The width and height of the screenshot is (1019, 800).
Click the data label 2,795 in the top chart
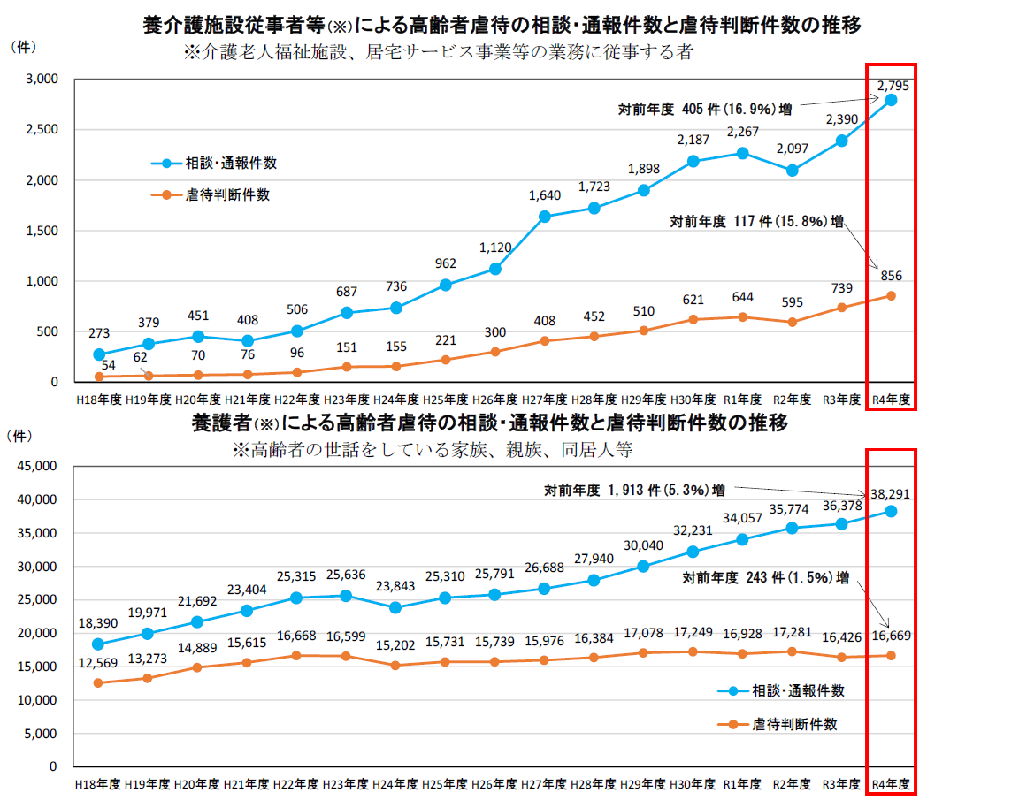pos(893,86)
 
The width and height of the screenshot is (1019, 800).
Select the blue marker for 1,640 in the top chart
pos(545,217)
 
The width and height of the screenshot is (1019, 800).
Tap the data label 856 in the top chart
pos(891,276)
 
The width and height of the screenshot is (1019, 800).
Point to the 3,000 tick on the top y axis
pos(42,80)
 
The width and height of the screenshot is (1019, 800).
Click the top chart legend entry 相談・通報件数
pos(231,164)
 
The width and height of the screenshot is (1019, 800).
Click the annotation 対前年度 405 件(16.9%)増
pos(704,110)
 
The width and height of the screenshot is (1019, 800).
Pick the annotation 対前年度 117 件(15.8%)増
pos(756,222)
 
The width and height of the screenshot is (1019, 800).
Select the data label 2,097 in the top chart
pos(792,149)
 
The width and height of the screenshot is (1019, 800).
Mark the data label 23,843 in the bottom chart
pos(395,587)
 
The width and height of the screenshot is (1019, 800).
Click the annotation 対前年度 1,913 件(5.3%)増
pos(635,489)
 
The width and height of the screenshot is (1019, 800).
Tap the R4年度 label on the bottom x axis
pos(891,784)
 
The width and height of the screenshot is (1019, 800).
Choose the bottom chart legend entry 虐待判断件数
pos(794,724)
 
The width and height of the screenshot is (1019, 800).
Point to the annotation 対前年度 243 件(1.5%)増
pos(765,578)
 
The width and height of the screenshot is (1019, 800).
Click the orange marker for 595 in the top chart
pos(792,322)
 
